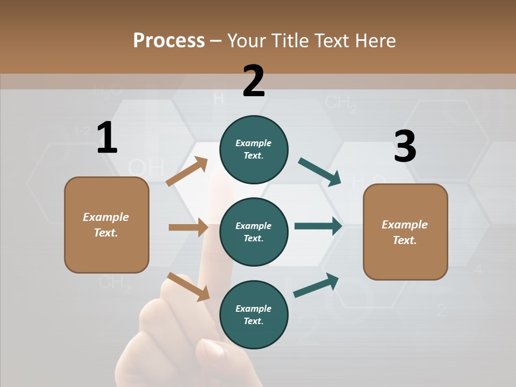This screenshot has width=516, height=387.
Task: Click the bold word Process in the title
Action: pos(169,40)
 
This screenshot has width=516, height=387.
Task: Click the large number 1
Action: pos(107,138)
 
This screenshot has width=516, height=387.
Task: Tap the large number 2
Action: pos(254,81)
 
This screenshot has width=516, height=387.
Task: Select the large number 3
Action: pos(405,146)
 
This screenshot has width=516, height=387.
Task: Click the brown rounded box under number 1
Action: pos(106,225)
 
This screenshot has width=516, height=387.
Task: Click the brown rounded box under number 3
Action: pos(405,232)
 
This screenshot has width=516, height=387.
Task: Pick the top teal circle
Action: pos(254,149)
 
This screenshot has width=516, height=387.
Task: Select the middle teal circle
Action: pos(254,232)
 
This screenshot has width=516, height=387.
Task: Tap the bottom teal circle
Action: pos(254,314)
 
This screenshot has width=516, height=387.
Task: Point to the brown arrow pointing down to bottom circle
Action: pos(188,286)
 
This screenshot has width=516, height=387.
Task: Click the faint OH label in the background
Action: pos(146,168)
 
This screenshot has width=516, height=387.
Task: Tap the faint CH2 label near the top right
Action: pos(341,103)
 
